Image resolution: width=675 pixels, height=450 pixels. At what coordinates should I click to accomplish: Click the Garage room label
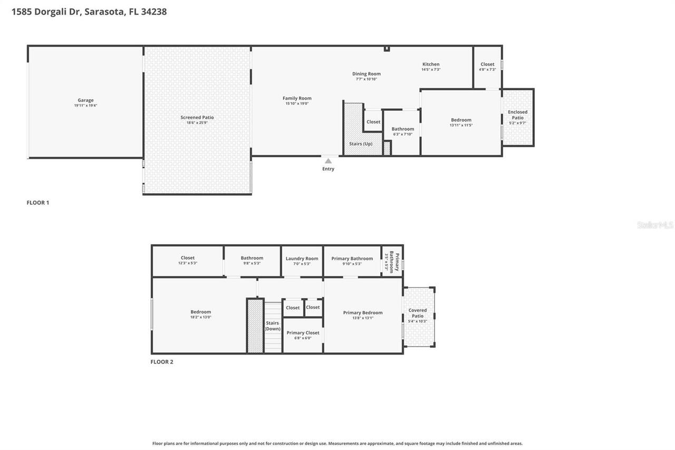point(85,100)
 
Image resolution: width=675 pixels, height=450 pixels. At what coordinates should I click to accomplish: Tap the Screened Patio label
point(197,118)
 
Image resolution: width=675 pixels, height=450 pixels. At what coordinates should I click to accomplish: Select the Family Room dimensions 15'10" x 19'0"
point(297,104)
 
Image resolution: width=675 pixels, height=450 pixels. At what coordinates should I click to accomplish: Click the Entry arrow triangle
point(328,161)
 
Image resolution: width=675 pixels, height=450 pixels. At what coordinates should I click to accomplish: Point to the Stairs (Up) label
point(361,143)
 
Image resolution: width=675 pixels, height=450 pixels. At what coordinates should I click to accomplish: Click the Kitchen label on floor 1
point(431,64)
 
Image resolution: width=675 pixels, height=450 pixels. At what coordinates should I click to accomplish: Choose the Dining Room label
point(367,74)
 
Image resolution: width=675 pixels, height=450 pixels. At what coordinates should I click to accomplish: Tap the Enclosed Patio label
point(517,114)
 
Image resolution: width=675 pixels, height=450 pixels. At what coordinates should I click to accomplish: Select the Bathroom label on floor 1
point(402,129)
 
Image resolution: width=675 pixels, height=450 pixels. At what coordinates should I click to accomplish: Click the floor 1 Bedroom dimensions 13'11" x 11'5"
point(461,126)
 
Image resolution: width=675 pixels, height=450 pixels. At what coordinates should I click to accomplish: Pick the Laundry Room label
point(302,258)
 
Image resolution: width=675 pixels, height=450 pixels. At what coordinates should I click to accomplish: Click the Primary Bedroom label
point(363,312)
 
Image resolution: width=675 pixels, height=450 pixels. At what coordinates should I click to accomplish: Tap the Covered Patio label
point(418,313)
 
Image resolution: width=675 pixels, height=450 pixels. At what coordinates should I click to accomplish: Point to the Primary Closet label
point(303,333)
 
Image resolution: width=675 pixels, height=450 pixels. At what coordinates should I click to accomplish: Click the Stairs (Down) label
point(273,325)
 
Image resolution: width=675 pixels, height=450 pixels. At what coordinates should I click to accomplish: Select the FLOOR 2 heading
point(162,362)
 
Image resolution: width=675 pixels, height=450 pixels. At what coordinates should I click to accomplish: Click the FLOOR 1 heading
point(38,203)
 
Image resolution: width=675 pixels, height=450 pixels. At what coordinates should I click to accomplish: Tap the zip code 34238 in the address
point(153,12)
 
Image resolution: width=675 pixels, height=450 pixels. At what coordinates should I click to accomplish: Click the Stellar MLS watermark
point(655,225)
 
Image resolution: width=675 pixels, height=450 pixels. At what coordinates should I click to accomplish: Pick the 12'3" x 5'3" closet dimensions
point(187,263)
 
